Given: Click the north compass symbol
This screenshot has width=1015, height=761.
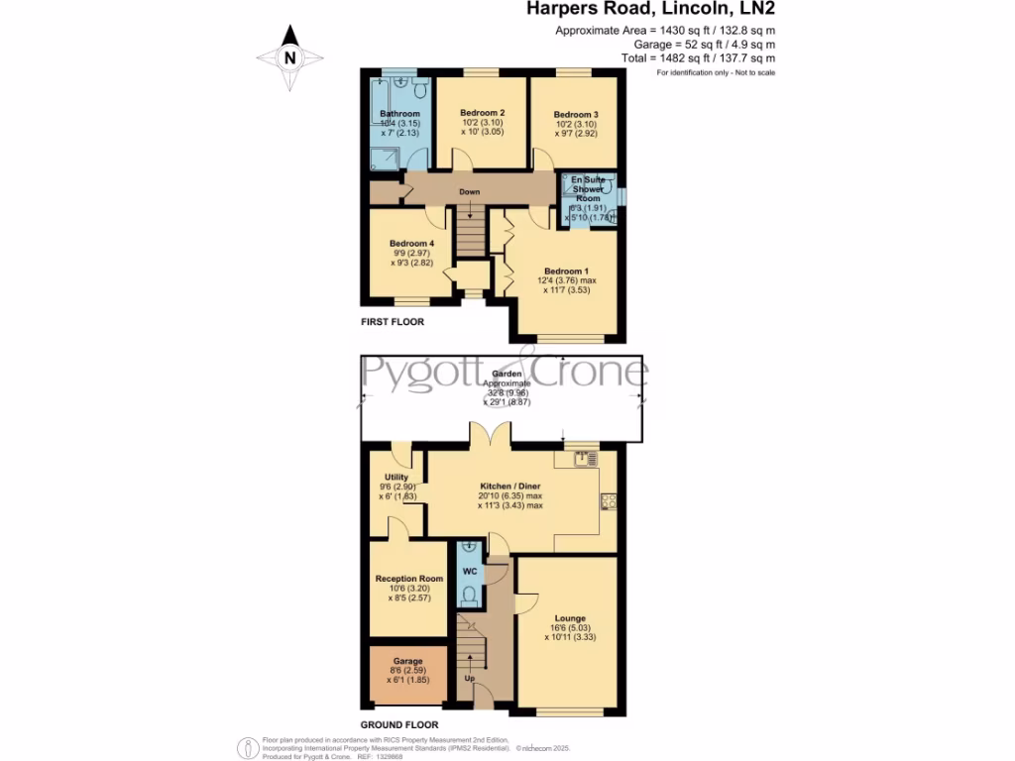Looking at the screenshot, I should [x=289, y=57].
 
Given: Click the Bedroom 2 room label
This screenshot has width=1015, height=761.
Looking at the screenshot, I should [x=483, y=113].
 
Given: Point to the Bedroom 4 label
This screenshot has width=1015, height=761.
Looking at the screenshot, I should [x=411, y=244].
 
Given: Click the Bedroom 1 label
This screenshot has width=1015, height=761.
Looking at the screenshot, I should [x=566, y=271].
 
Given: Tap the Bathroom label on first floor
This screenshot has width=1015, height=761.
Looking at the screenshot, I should [x=400, y=114].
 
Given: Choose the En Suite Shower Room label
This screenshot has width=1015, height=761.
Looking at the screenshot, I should [x=591, y=187].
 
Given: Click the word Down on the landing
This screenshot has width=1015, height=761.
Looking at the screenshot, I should [x=470, y=192].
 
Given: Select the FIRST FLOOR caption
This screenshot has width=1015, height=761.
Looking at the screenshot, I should [x=392, y=322].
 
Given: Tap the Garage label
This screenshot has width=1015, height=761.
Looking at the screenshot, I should [x=407, y=661].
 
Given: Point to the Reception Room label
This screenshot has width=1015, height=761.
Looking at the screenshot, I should [x=408, y=579].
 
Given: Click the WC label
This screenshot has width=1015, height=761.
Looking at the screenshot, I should [x=470, y=573].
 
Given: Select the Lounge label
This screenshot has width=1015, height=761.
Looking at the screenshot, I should [x=570, y=618].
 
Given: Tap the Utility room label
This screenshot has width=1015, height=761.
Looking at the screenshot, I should [x=395, y=477].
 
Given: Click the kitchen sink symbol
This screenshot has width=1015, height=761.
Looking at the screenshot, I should [x=585, y=458].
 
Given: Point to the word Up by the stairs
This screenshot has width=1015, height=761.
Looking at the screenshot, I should [x=470, y=679].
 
